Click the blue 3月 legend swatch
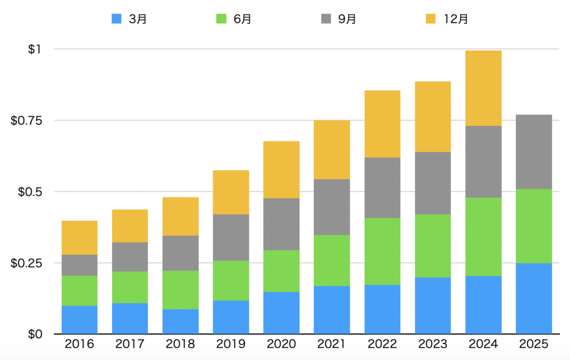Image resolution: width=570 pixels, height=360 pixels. pyautogui.click(x=117, y=18)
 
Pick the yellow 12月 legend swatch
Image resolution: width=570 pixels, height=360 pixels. pyautogui.click(x=430, y=18)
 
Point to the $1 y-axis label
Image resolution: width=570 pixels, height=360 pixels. pyautogui.click(x=35, y=49)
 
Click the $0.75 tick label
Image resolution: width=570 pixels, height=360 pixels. pyautogui.click(x=26, y=120)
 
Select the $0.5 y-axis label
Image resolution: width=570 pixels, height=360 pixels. pyautogui.click(x=30, y=191)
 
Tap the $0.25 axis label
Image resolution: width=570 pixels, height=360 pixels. pyautogui.click(x=26, y=263)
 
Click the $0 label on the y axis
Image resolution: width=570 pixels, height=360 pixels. pyautogui.click(x=35, y=334)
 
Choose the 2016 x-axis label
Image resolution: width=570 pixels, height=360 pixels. pyautogui.click(x=80, y=344)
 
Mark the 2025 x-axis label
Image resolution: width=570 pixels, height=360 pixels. pyautogui.click(x=534, y=344)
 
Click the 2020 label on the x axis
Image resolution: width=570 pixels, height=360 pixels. pyautogui.click(x=281, y=344)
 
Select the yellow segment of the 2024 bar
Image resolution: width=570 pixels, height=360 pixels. pyautogui.click(x=483, y=88)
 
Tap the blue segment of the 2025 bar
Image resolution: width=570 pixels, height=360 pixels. pyautogui.click(x=534, y=298)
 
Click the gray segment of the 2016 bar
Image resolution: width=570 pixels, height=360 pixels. pyautogui.click(x=80, y=265)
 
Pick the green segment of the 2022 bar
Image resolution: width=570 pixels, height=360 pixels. pyautogui.click(x=382, y=251)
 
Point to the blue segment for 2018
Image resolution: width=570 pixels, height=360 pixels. pyautogui.click(x=180, y=321)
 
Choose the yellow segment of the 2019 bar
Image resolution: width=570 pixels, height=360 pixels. pyautogui.click(x=231, y=192)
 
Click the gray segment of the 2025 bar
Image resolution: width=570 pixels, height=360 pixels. pyautogui.click(x=534, y=151)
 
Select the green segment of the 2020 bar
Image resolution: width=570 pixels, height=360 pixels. pyautogui.click(x=281, y=270)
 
